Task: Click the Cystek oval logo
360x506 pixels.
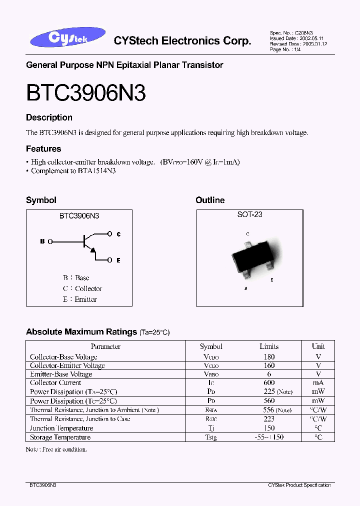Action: (68, 38)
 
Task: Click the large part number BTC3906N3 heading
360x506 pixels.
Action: (85, 92)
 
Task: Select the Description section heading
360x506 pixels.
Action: (49, 117)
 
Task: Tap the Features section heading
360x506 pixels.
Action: (43, 148)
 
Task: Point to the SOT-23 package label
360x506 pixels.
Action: (249, 214)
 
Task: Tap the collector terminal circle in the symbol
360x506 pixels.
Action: (110, 233)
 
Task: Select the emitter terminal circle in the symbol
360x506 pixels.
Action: (110, 260)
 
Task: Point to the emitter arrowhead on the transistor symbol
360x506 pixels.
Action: (93, 250)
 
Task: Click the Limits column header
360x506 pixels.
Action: (269, 346)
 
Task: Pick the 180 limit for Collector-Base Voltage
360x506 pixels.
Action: (269, 357)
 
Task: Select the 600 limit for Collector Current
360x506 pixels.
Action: (269, 383)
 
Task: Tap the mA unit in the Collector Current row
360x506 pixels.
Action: (318, 383)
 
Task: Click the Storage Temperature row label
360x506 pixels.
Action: (60, 437)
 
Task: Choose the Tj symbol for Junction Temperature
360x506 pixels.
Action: (211, 428)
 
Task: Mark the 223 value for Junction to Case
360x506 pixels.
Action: (269, 419)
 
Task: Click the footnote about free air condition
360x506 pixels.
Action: (56, 449)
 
